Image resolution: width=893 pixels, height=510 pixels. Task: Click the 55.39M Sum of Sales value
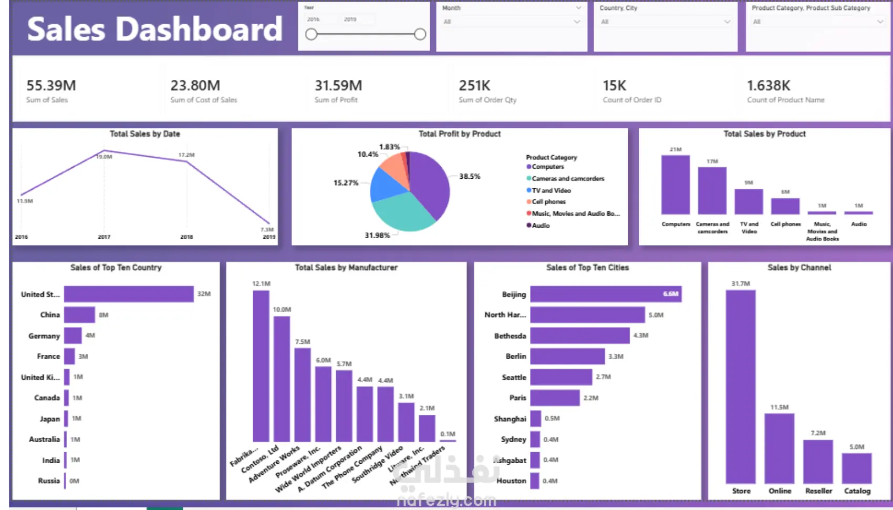pyautogui.click(x=51, y=85)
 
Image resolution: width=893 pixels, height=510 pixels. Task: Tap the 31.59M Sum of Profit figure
pyautogui.click(x=338, y=85)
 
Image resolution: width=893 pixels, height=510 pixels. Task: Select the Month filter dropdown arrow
pyautogui.click(x=577, y=22)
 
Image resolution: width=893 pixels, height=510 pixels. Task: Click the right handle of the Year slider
pyautogui.click(x=420, y=34)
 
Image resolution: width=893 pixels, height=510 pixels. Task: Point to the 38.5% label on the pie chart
pyautogui.click(x=470, y=176)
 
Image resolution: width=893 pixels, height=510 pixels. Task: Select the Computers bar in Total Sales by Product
pyautogui.click(x=676, y=185)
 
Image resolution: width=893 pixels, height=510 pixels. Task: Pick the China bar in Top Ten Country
pyautogui.click(x=79, y=315)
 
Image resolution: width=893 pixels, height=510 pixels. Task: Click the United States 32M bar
pyautogui.click(x=129, y=294)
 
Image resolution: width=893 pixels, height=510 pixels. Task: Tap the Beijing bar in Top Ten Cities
pyautogui.click(x=606, y=294)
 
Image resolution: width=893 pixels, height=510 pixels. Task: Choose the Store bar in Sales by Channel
pyautogui.click(x=741, y=386)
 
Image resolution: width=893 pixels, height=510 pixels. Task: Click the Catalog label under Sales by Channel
pyautogui.click(x=857, y=491)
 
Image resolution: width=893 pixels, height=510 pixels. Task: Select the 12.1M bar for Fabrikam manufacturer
pyautogui.click(x=261, y=366)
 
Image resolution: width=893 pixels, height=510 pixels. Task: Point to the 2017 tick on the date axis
pyautogui.click(x=104, y=237)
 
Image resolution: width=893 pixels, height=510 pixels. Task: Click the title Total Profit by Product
pyautogui.click(x=459, y=134)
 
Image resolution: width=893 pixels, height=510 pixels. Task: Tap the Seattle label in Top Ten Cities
pyautogui.click(x=514, y=378)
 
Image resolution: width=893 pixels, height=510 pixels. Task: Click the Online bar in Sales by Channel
pyautogui.click(x=780, y=448)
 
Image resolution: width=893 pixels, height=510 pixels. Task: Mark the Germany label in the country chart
pyautogui.click(x=44, y=336)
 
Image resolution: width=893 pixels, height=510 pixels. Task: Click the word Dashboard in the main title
pyautogui.click(x=199, y=29)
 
